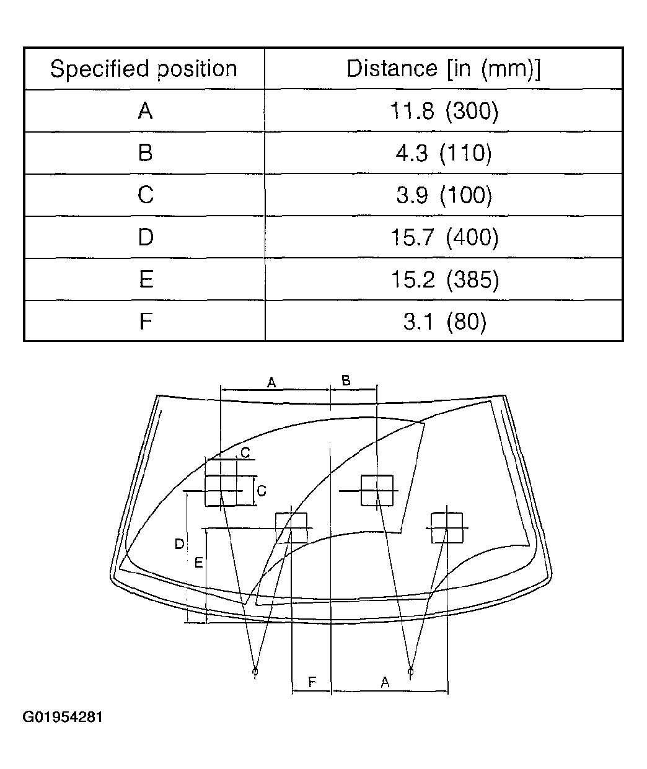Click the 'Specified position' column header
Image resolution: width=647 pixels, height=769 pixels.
click(144, 69)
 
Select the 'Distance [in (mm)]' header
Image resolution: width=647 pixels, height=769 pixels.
click(444, 69)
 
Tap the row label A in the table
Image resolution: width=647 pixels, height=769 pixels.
click(145, 110)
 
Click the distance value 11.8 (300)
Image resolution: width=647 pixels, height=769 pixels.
click(444, 110)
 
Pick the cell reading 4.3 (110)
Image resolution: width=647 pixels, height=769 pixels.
click(444, 153)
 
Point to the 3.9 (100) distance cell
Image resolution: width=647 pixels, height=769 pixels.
click(444, 195)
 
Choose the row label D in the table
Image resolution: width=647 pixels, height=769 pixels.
click(146, 237)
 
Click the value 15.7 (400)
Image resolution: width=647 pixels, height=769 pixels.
click(444, 237)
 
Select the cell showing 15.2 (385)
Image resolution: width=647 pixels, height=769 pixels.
click(445, 279)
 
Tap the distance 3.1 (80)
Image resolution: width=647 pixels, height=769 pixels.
click(445, 321)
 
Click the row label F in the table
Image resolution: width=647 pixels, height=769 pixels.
click(146, 321)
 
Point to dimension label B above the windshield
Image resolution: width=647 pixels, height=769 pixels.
click(346, 380)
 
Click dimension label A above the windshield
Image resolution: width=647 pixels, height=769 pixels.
click(271, 383)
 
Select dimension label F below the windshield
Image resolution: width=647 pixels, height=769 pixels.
click(312, 682)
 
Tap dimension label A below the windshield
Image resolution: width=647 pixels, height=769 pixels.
click(385, 682)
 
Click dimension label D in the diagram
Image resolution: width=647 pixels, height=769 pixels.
click(179, 544)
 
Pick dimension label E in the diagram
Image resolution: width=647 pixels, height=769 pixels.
click(198, 563)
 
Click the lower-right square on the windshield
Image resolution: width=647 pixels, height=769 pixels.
click(447, 528)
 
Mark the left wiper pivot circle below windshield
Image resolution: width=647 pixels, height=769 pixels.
click(255, 671)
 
